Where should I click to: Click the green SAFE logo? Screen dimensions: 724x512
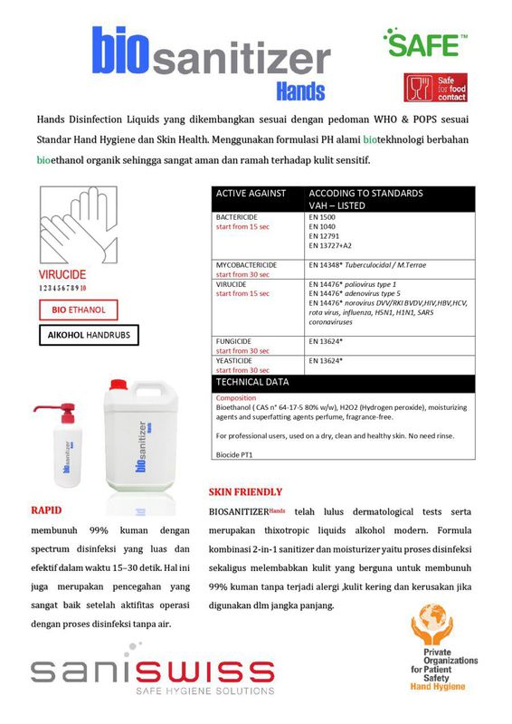[x=424, y=42]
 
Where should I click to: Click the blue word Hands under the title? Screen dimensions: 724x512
[x=299, y=90]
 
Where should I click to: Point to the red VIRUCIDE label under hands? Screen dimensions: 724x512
[x=62, y=274]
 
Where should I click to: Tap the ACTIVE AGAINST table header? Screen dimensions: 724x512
[x=251, y=193]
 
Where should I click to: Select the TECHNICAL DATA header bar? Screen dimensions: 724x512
[x=252, y=382]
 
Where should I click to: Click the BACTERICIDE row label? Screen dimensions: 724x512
[x=238, y=218]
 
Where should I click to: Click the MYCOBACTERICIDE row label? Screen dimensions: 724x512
[x=246, y=265]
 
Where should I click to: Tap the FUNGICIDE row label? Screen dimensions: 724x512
[x=233, y=341]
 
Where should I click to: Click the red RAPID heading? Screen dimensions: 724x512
[x=46, y=510]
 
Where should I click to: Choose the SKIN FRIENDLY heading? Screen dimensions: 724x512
[x=245, y=492]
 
